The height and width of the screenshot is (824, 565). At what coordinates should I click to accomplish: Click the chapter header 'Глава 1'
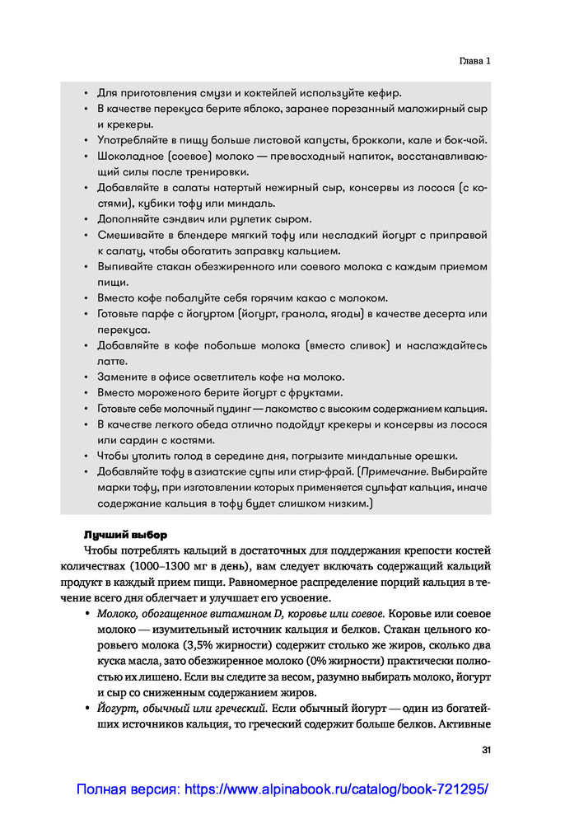point(474,61)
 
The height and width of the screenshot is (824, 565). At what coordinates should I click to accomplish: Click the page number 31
point(485,750)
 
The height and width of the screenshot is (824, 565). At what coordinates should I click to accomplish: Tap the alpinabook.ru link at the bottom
point(282,789)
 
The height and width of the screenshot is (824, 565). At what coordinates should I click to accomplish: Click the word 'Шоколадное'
point(130,156)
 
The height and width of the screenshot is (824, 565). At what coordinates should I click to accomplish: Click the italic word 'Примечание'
point(392,471)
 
